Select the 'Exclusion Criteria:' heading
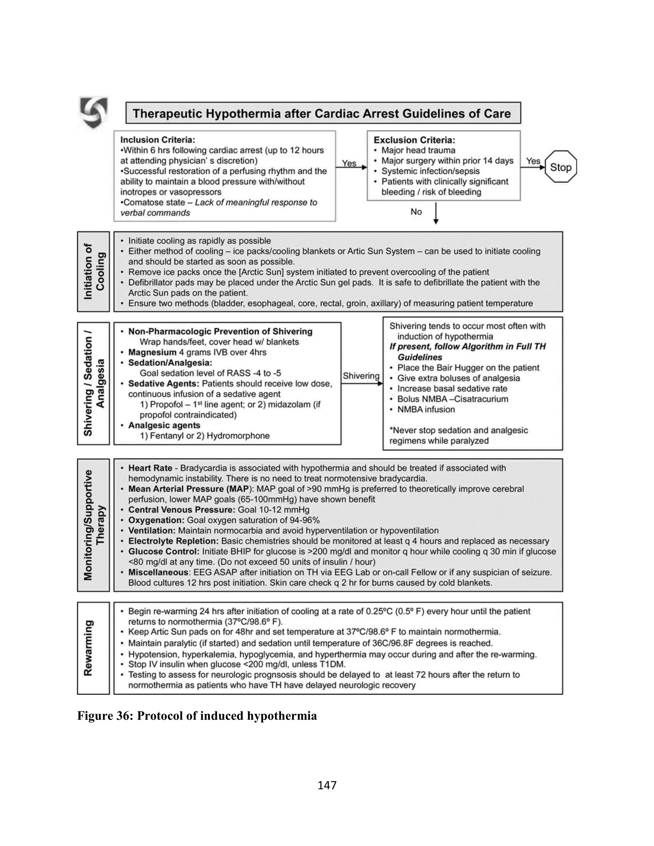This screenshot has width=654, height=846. (414, 140)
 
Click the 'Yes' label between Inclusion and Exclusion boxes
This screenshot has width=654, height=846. (349, 163)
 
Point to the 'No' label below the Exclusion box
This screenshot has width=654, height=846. (416, 211)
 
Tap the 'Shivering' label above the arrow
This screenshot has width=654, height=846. (361, 376)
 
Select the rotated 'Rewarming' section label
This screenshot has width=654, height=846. (89, 648)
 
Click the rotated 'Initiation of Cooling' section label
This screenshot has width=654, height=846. (94, 272)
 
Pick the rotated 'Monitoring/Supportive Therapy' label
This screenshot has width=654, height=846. (94, 525)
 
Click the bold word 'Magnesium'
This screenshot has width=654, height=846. (152, 352)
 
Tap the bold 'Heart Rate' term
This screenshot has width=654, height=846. (150, 468)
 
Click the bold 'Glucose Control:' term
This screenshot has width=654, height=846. (164, 551)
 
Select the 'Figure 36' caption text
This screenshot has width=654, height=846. (197, 715)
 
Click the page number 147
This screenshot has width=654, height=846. (327, 785)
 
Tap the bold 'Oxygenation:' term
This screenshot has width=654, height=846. (156, 520)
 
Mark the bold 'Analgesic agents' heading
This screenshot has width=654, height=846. (164, 425)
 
